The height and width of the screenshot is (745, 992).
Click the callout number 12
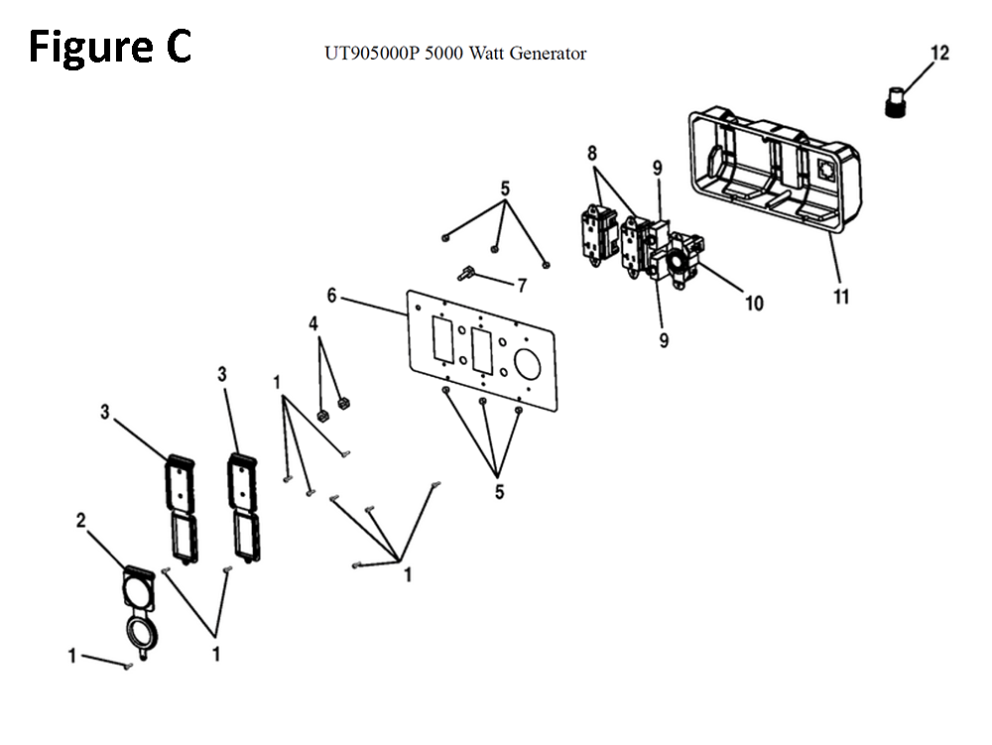coord(939,54)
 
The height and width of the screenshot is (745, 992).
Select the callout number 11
coord(841,296)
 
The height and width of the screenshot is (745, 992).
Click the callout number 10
coord(754,304)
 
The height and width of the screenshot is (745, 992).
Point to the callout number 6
coord(331,296)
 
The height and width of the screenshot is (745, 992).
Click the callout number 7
coord(522,286)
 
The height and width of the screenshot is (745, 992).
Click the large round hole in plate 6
coord(527,364)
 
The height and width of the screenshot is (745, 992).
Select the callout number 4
coord(313,323)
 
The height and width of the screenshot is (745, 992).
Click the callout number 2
coord(81,521)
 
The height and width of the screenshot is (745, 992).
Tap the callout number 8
coord(591,154)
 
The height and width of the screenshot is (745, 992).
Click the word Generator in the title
coord(548,54)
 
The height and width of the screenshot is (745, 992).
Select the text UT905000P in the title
coord(372,54)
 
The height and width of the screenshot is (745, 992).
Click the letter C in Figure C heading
coord(179,47)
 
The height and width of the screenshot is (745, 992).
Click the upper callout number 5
coord(505,188)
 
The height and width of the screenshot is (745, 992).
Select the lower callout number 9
coord(664,341)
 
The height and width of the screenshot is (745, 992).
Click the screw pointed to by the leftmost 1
coord(128,665)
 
